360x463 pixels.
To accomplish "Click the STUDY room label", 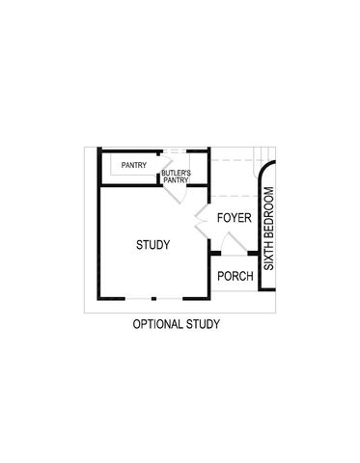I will coord(153,245).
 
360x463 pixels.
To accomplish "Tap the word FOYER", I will coord(234,218).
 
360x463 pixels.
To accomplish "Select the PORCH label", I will coord(235,277).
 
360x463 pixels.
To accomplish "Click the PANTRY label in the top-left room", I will coord(134,165).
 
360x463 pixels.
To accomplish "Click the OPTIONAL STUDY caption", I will coord(177,324).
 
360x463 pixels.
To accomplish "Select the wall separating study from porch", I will coord(210,275).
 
